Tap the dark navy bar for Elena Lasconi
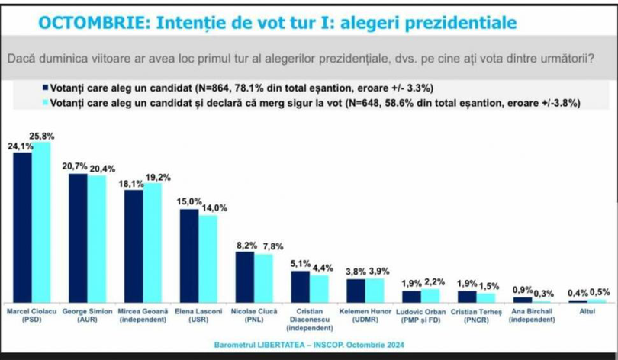click(188, 255)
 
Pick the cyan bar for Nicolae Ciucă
click(262, 278)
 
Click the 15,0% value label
click(190, 201)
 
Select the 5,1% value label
click(300, 263)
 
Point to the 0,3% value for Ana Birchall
click(543, 293)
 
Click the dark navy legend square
click(46, 87)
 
